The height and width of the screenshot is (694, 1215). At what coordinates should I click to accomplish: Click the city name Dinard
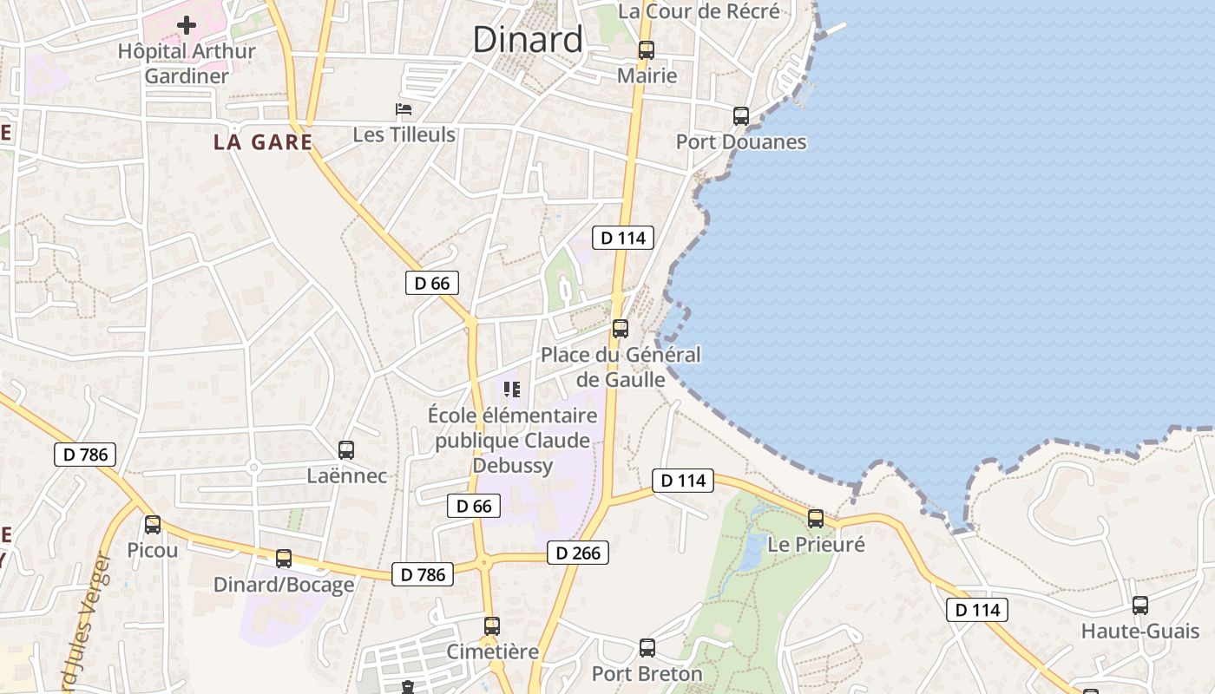[528, 40]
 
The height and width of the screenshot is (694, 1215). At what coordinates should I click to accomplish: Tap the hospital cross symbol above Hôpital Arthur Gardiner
[187, 25]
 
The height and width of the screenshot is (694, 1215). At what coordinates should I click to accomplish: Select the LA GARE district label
[262, 142]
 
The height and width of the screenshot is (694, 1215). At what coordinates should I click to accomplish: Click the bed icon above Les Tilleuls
[404, 109]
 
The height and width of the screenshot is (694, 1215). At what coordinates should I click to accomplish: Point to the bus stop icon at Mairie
[647, 50]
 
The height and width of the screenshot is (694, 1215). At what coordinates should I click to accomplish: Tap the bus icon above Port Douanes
[741, 115]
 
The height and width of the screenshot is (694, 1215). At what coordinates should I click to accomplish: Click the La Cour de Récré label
[699, 11]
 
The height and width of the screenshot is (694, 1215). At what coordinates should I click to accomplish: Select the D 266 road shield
[578, 553]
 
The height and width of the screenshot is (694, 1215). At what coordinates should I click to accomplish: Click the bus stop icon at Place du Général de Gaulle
[621, 329]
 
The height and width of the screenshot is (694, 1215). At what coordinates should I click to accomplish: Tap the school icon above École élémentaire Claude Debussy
[512, 390]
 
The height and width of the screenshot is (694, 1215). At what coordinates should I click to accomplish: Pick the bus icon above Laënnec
[346, 450]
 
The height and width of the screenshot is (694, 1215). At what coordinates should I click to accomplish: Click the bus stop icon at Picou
[153, 524]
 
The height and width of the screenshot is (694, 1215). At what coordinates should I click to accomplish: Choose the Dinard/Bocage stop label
[284, 584]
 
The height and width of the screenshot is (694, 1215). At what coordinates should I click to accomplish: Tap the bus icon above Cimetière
[492, 625]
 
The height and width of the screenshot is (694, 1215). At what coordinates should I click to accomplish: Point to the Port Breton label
[647, 673]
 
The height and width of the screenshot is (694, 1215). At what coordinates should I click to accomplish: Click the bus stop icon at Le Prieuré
[816, 519]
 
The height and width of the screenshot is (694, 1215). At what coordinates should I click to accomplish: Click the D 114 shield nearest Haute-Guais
[977, 610]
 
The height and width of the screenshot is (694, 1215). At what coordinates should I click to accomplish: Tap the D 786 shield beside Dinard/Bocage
[423, 574]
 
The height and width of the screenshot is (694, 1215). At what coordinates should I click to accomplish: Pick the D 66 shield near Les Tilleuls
[431, 283]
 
